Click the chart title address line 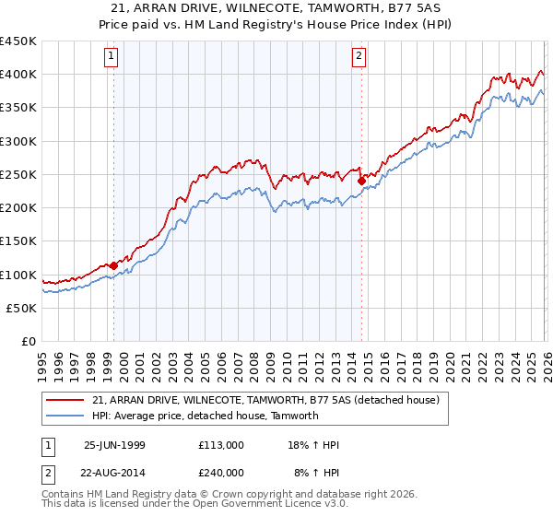click(276, 8)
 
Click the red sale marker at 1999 click(114, 265)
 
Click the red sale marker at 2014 click(361, 181)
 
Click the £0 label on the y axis click(28, 341)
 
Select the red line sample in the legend click(65, 400)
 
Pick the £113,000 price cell click(221, 445)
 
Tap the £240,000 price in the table click(221, 473)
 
